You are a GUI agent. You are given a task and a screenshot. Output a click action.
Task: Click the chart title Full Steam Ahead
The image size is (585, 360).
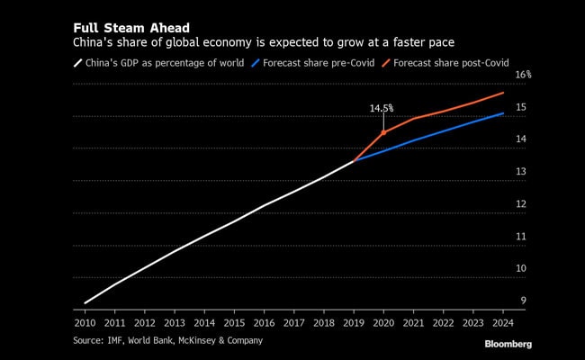point(130,28)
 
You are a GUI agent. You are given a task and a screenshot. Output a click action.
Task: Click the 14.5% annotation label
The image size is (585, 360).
point(382,108)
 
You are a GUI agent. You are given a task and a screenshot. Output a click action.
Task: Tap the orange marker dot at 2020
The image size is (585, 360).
point(383,132)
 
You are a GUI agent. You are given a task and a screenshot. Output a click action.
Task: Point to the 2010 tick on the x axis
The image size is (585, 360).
point(85,321)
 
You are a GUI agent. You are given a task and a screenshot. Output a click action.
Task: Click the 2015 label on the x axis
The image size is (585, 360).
point(234,321)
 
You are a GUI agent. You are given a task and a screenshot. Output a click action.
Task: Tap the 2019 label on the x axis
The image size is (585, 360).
point(353,321)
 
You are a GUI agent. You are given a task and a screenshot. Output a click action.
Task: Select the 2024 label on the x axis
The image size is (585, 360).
point(502,321)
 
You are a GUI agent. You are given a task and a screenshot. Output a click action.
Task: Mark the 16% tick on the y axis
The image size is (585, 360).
point(523,75)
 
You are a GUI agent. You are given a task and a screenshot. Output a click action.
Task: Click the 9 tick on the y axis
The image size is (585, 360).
point(523,301)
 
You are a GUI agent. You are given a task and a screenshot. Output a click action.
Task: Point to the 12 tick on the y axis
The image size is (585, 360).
point(521,204)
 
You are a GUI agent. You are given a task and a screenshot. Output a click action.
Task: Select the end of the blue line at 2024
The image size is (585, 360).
point(503,113)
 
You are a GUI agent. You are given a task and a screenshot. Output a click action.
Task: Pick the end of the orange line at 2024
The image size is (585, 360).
point(503,93)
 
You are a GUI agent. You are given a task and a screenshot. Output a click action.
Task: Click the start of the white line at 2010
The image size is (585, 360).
point(85,303)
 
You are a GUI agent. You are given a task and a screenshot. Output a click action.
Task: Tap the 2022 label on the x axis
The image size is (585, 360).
point(443,321)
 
